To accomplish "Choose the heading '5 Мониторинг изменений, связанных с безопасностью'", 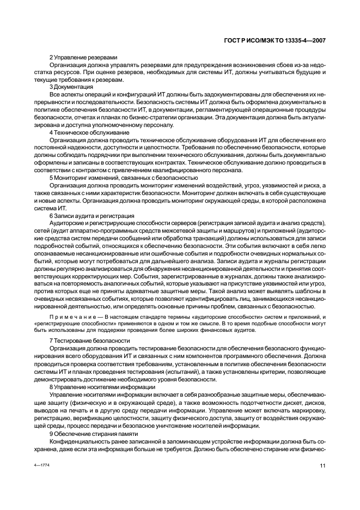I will pyautogui.click(x=123, y=178).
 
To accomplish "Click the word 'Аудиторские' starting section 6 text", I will pyautogui.click(x=68, y=223).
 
